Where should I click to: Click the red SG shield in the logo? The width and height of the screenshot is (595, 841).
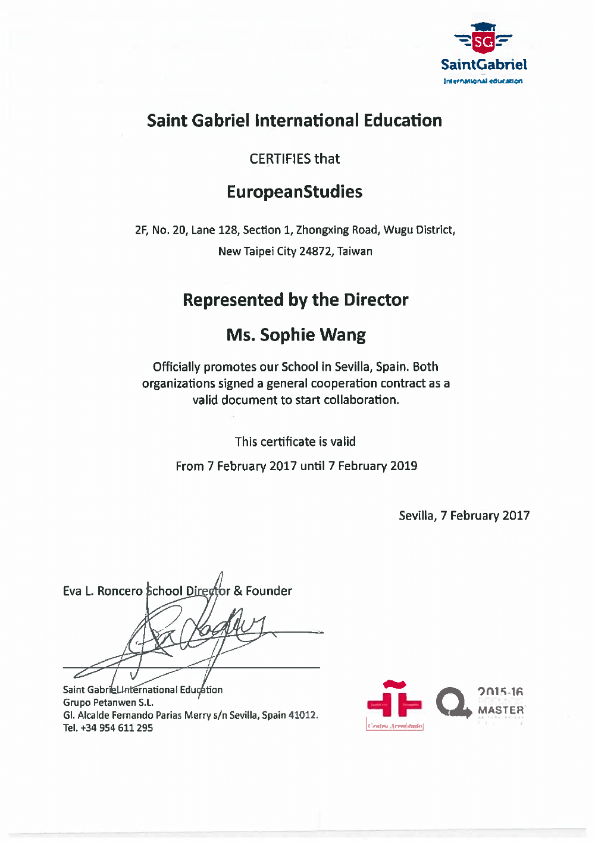click(484, 41)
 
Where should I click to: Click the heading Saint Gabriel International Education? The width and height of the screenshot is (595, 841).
click(295, 120)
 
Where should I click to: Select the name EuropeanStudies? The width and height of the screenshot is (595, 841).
click(295, 192)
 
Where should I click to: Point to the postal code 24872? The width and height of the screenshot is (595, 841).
click(315, 251)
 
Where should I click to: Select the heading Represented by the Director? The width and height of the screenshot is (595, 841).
click(295, 299)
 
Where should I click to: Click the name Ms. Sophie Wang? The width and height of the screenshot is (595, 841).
click(296, 334)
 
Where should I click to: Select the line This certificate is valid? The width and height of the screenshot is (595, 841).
click(295, 442)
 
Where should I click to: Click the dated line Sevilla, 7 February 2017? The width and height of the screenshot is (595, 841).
click(464, 515)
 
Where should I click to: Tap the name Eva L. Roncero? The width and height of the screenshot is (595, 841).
click(102, 591)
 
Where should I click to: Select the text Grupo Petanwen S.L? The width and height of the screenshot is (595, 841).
click(108, 702)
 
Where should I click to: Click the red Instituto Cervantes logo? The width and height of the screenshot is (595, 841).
click(394, 704)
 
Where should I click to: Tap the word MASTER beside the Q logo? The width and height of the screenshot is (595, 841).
click(501, 710)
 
